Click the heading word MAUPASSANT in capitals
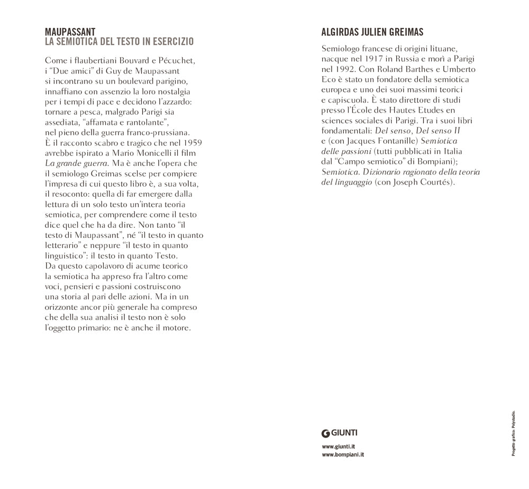pos(70,32)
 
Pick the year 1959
pos(191,143)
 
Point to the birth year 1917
pos(367,59)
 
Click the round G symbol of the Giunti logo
pos(326,433)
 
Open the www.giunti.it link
pos(338,447)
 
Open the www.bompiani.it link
pos(343,455)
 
